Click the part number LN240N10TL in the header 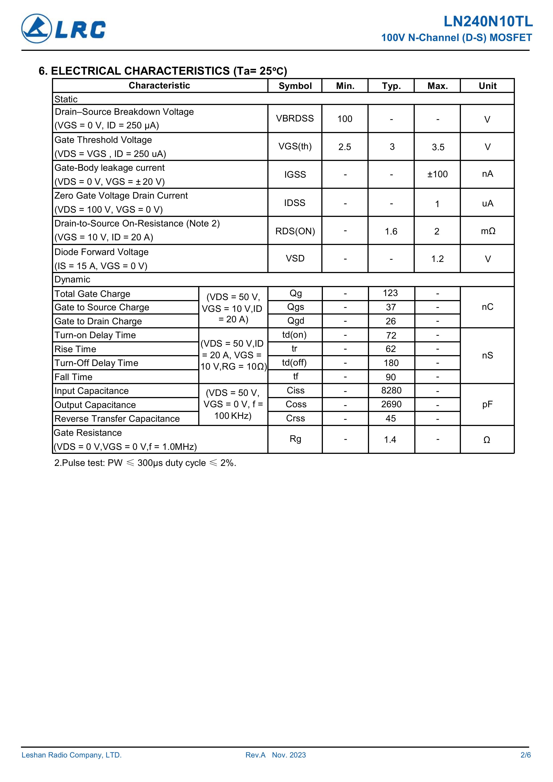click(x=488, y=22)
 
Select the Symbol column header click(x=295, y=86)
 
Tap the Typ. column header click(x=391, y=86)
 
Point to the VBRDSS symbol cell click(x=295, y=119)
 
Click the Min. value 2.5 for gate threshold click(x=345, y=147)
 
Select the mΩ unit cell click(x=488, y=231)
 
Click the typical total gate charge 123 click(x=390, y=293)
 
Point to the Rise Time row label click(x=75, y=349)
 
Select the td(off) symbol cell click(x=294, y=363)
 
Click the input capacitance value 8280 click(x=391, y=390)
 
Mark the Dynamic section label click(x=72, y=280)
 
